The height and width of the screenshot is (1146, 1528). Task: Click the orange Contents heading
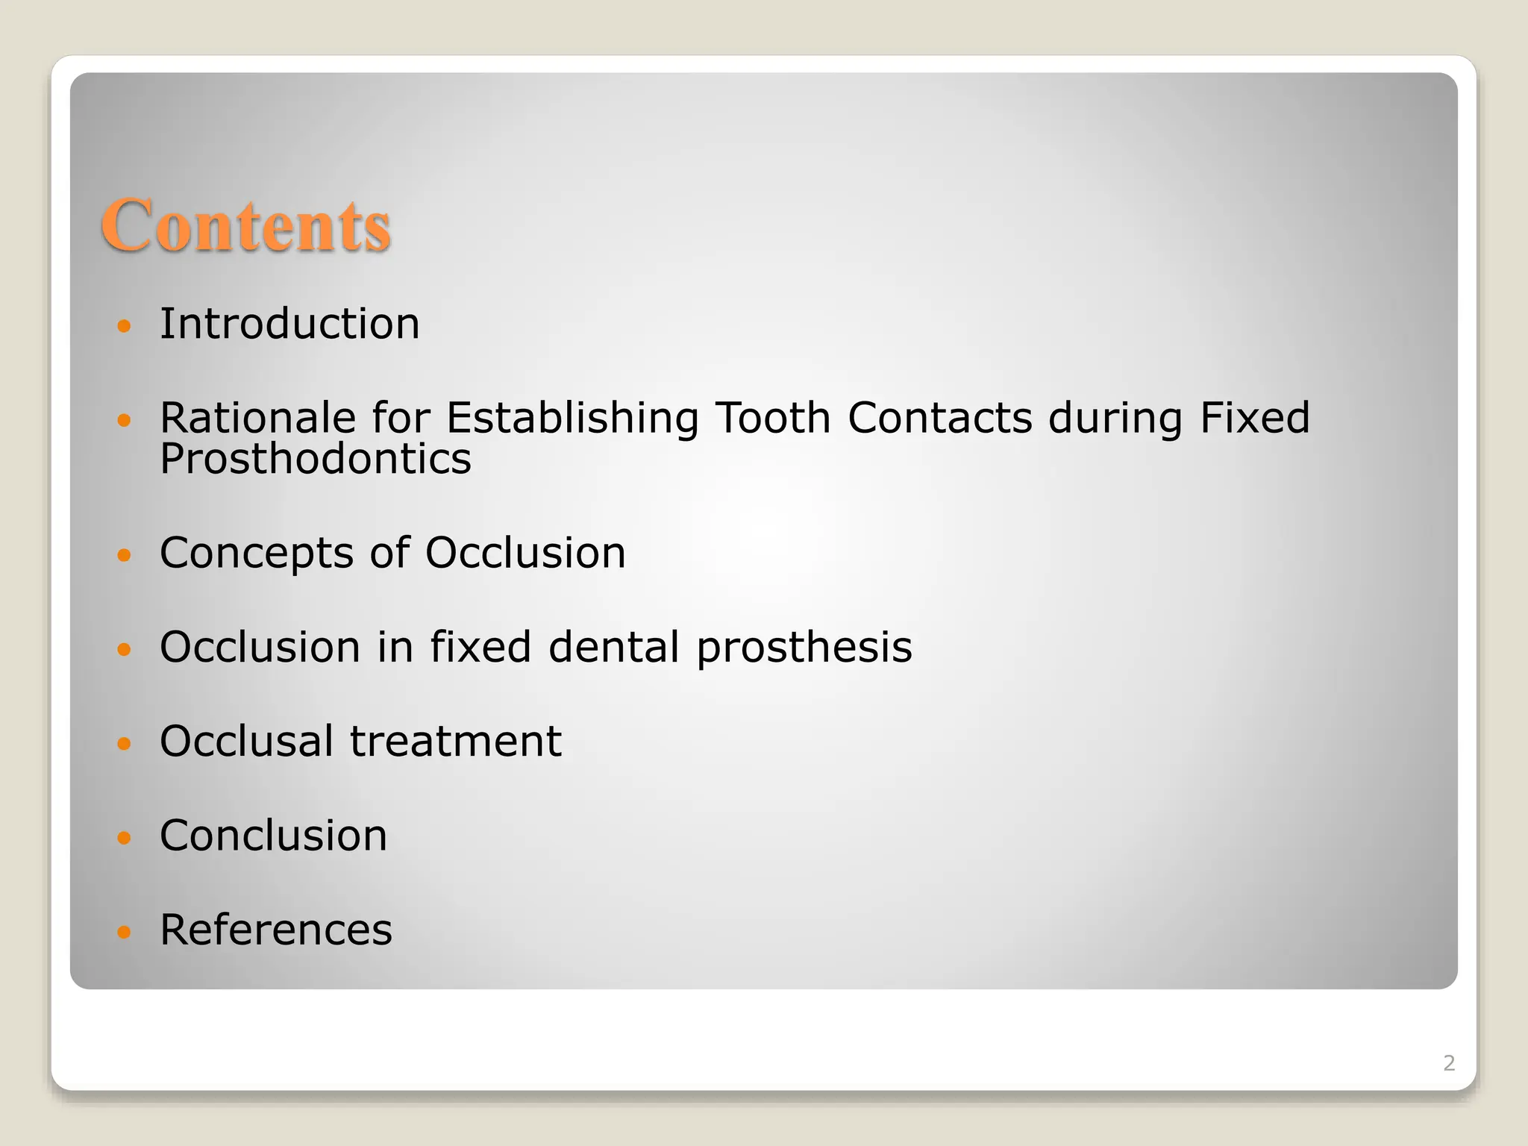[245, 225]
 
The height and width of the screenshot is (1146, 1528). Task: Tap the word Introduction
[289, 324]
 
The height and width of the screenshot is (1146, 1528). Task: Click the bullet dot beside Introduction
[125, 326]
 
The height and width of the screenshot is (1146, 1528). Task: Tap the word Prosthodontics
[316, 458]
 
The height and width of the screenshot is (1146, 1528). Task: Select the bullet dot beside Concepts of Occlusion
[125, 555]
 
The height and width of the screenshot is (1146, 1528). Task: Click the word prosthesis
[804, 648]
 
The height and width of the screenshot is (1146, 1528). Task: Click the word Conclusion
[273, 835]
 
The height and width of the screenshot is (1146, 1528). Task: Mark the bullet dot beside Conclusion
[125, 837]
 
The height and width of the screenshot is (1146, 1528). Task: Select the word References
[276, 930]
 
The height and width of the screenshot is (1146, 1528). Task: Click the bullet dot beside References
[125, 932]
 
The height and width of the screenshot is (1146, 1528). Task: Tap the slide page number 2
[1449, 1063]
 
